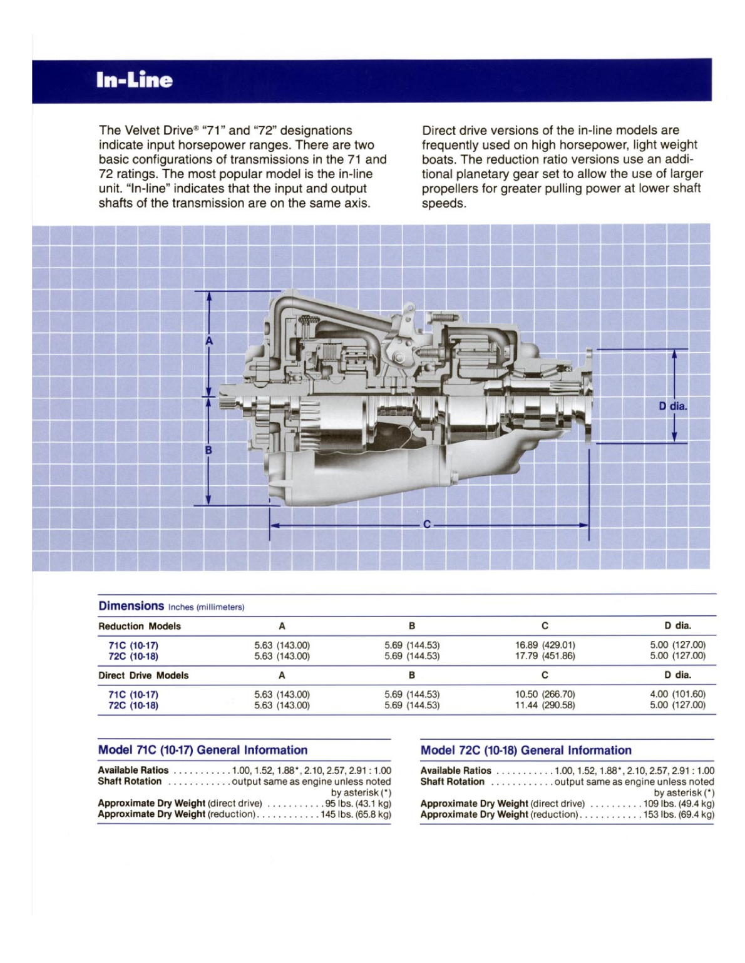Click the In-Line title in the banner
click(134, 80)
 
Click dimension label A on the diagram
click(209, 341)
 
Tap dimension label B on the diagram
click(208, 450)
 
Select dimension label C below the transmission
click(427, 524)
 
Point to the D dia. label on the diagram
click(672, 406)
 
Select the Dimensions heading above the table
click(131, 605)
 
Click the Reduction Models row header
click(140, 626)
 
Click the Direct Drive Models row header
click(143, 675)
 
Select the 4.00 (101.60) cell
click(677, 694)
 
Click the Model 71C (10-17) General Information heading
click(203, 750)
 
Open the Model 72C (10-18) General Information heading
click(526, 750)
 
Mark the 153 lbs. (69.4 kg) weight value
click(679, 814)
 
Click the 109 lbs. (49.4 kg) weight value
click(679, 804)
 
